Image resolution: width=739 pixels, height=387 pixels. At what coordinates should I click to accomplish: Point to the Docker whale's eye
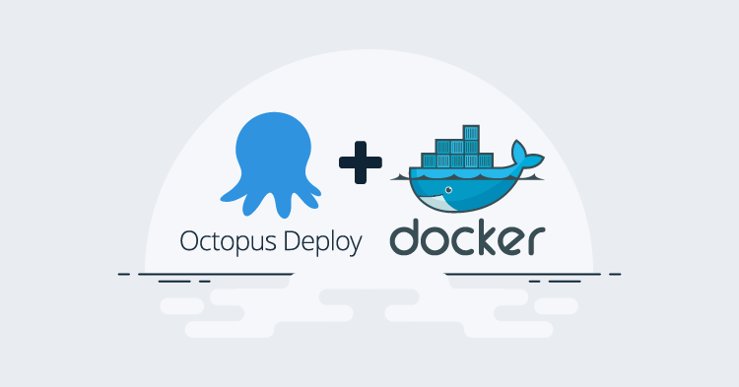coord(449,190)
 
